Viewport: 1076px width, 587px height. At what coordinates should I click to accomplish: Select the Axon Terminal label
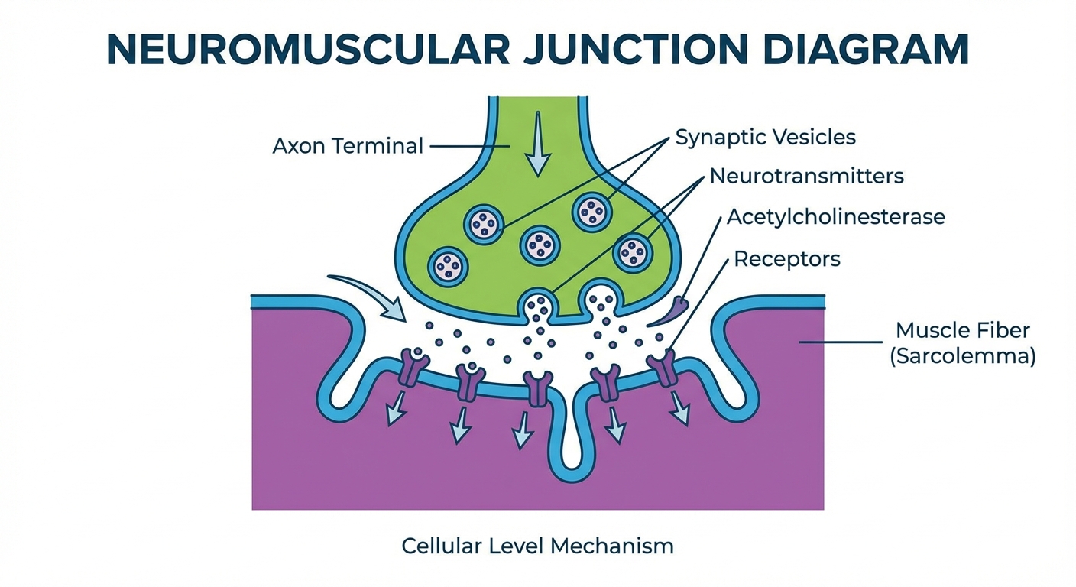coord(347,145)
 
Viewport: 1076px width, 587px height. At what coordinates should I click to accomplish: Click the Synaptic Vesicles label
coord(765,138)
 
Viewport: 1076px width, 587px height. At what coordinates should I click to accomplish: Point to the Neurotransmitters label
coord(806,177)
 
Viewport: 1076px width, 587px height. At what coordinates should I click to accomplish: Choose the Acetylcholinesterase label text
coord(835,217)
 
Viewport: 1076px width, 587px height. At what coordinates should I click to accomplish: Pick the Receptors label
coord(786,259)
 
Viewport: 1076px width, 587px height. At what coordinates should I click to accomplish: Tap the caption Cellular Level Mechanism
coord(537,546)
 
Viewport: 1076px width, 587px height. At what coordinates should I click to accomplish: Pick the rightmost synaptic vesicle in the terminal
coord(634,251)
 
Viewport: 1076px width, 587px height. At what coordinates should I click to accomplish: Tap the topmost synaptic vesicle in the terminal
coord(591,211)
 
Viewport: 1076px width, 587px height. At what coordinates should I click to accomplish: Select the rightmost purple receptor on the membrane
coord(662,368)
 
